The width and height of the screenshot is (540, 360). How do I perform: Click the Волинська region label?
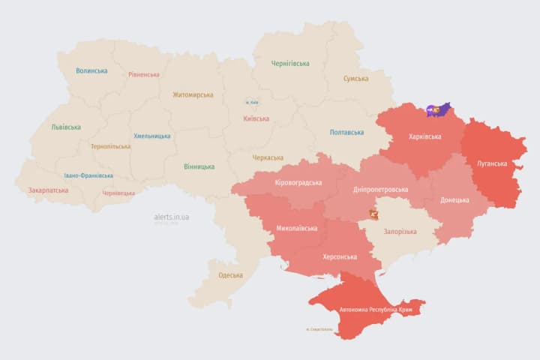91,71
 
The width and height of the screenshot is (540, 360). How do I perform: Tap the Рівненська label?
144,75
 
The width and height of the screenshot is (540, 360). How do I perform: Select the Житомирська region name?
193,95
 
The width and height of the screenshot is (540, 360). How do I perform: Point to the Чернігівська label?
290,64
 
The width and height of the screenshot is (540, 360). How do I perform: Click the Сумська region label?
355,79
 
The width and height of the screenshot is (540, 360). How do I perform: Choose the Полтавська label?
347,133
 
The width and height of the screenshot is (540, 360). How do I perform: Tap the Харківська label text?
424,137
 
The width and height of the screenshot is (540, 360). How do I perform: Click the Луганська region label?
492,163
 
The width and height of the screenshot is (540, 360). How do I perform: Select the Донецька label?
454,200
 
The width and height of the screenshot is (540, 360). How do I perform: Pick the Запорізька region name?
400,232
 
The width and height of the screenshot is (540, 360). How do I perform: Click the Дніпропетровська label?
381,190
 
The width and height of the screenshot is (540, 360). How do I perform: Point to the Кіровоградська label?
298,183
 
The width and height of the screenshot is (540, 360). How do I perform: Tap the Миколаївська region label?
297,229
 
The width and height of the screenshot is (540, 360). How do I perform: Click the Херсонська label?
340,256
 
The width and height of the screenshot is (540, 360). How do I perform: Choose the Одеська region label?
230,275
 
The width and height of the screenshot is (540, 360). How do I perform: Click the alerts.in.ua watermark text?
172,217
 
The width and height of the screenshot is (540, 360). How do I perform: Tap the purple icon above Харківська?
436,110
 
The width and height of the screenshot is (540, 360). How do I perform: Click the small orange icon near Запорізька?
373,214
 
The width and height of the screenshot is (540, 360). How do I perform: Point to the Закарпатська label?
48,190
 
